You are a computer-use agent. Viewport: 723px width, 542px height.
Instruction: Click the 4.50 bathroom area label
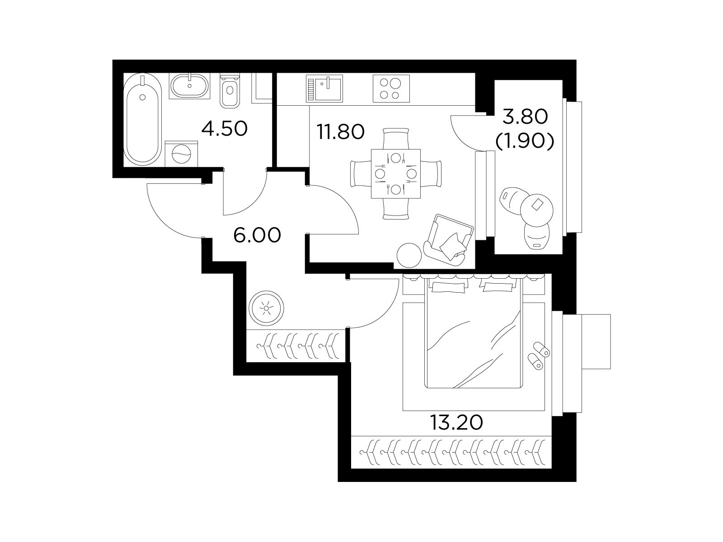pyautogui.click(x=224, y=129)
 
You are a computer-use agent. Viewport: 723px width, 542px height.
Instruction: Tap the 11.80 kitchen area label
pyautogui.click(x=340, y=131)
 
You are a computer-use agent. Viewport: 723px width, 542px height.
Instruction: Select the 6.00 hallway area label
pyautogui.click(x=257, y=235)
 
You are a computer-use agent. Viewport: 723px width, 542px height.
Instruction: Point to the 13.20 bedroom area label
pyautogui.click(x=456, y=423)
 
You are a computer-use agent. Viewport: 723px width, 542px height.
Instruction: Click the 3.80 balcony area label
pyautogui.click(x=525, y=117)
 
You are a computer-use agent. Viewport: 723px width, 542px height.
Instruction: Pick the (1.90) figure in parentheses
pyautogui.click(x=525, y=142)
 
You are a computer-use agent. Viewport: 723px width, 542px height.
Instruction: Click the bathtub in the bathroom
pyautogui.click(x=142, y=119)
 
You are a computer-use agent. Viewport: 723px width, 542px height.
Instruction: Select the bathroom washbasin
pyautogui.click(x=189, y=85)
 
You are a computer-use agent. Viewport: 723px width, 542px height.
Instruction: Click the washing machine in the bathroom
pyautogui.click(x=181, y=154)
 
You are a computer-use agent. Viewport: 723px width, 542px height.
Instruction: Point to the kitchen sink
pyautogui.click(x=324, y=88)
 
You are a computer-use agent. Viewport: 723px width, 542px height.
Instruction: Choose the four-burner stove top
pyautogui.click(x=391, y=88)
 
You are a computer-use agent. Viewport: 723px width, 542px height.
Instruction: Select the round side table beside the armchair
pyautogui.click(x=409, y=255)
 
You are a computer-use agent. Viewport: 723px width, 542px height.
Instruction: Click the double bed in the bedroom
pyautogui.click(x=474, y=332)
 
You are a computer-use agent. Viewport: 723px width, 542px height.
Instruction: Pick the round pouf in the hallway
pyautogui.click(x=266, y=308)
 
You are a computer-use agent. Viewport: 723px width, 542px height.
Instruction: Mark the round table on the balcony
pyautogui.click(x=537, y=210)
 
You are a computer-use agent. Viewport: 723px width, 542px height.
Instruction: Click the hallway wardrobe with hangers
pyautogui.click(x=296, y=346)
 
